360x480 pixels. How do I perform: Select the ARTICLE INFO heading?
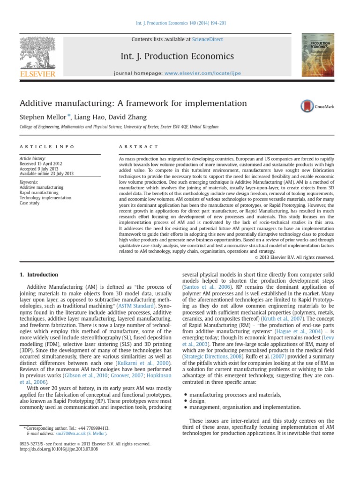47,147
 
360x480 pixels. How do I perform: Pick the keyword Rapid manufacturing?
39,192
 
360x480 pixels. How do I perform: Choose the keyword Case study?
30,203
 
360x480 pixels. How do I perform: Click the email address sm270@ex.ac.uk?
69,434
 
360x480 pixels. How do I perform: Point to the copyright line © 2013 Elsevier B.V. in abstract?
293,257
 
